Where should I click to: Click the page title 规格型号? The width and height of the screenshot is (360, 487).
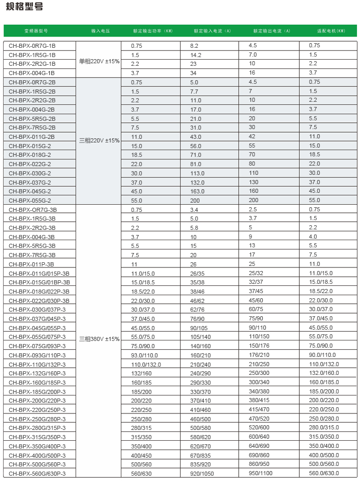25,7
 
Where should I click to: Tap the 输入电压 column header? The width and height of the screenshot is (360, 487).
99,31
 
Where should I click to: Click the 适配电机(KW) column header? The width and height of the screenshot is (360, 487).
327,31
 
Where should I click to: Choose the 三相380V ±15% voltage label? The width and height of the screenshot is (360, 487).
99,339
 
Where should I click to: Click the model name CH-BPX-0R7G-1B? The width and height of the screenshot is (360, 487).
32,46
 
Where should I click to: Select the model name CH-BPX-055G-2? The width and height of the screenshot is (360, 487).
30,201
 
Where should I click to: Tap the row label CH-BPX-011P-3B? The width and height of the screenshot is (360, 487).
31,264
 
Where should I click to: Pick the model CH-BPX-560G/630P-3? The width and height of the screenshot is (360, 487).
37,474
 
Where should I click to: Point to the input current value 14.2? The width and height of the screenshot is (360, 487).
195,55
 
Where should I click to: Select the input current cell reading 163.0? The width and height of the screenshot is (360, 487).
197,191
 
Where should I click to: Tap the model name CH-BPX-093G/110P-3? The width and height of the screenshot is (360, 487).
37,355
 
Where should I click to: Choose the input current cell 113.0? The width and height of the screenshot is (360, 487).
197,173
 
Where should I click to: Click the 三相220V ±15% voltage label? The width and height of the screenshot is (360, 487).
99,140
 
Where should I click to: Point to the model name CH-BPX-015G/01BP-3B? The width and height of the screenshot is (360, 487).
39,282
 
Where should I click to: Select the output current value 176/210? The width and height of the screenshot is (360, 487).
259,355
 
